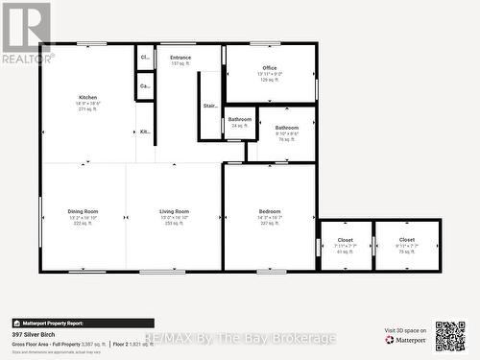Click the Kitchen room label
(87, 98)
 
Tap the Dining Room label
(83, 211)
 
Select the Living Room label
(174, 211)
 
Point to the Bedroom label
(270, 211)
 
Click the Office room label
(270, 68)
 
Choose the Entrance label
(180, 58)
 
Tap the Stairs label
(210, 107)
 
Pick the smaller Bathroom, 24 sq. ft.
(239, 120)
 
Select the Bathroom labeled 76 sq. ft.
(286, 128)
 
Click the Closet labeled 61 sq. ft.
(346, 240)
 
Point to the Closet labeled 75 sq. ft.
(407, 240)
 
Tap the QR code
(449, 336)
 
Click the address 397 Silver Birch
(33, 334)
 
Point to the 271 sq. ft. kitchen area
(87, 109)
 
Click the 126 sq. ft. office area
(270, 80)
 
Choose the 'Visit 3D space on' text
(405, 330)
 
